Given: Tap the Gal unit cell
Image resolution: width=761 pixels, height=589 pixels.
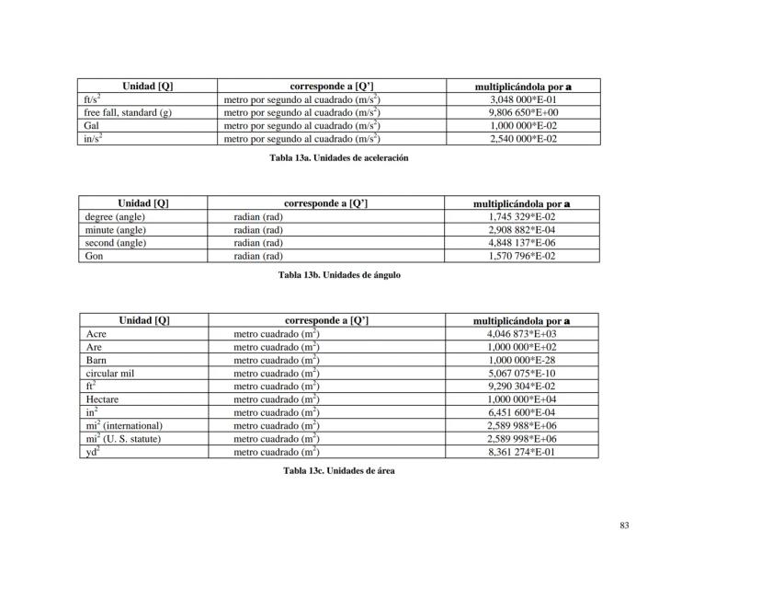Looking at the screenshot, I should pyautogui.click(x=92, y=125).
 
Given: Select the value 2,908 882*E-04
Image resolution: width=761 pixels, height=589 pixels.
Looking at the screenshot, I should pyautogui.click(x=521, y=229).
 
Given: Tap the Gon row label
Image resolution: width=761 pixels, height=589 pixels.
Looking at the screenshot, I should pyautogui.click(x=94, y=256).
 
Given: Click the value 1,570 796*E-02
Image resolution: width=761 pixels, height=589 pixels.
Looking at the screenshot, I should pyautogui.click(x=521, y=256).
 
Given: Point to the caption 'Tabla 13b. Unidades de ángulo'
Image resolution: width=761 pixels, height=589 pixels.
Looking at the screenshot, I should pyautogui.click(x=339, y=274).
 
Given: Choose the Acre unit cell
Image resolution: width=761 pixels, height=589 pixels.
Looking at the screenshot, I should pyautogui.click(x=97, y=334).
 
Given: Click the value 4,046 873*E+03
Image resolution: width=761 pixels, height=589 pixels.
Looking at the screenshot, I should pyautogui.click(x=521, y=334).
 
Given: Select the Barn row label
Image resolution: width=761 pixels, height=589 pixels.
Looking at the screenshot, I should pyautogui.click(x=97, y=360).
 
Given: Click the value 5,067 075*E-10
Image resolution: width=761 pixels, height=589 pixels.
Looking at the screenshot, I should pyautogui.click(x=521, y=374).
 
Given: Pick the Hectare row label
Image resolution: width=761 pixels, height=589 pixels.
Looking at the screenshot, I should pyautogui.click(x=102, y=399).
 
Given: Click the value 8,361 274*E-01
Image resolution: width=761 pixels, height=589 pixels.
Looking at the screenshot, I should pyautogui.click(x=521, y=452).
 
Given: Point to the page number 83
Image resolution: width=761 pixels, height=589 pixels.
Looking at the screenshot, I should pyautogui.click(x=624, y=525).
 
